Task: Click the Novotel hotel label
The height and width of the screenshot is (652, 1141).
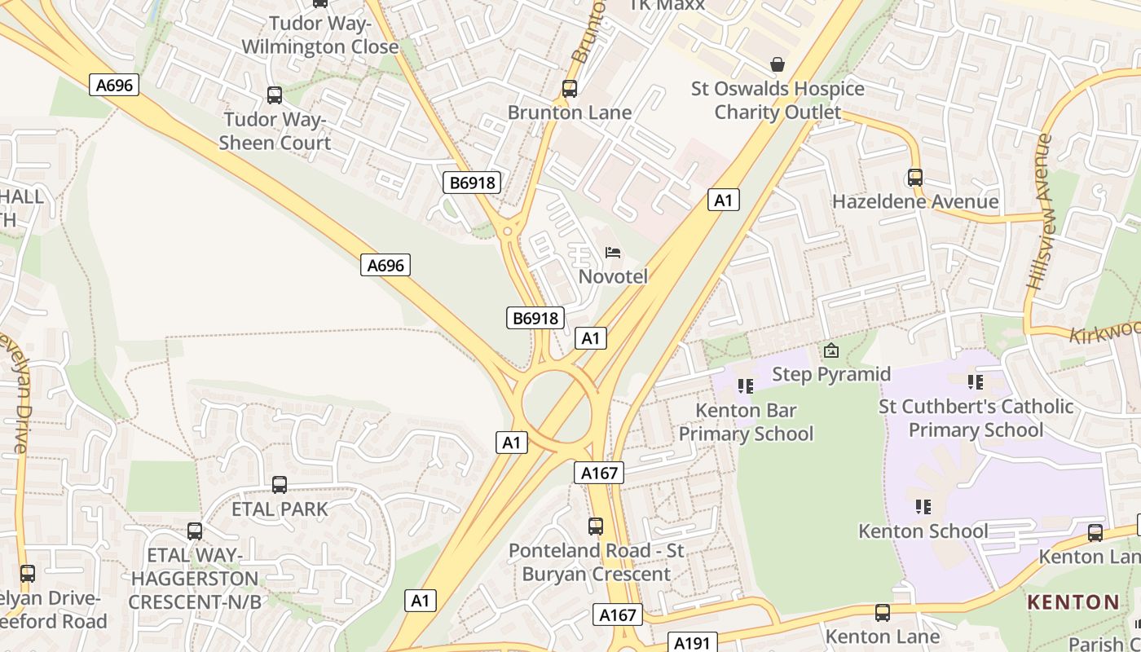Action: [613, 276]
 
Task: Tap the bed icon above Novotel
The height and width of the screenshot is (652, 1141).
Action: [613, 253]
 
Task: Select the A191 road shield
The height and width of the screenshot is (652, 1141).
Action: [692, 642]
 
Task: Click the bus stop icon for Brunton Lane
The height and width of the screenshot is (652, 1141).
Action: [570, 89]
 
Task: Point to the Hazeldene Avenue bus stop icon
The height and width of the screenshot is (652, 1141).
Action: [915, 178]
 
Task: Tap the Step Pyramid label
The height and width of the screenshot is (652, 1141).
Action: [831, 374]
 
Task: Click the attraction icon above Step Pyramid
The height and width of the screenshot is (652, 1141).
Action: [831, 351]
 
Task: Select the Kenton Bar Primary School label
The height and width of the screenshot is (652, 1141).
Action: [746, 421]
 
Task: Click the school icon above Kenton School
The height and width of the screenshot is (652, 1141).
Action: [923, 507]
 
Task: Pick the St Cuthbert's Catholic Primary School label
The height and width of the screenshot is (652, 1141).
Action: [976, 418]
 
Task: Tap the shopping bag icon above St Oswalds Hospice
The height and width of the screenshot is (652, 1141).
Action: [778, 64]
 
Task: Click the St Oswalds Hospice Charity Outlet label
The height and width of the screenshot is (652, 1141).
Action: [778, 99]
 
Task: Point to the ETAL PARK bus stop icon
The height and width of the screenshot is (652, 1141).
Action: [280, 485]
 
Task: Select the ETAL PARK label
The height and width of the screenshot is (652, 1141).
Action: [280, 509]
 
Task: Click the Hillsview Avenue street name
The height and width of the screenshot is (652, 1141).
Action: [1040, 211]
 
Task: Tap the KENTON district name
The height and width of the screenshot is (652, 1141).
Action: [1073, 602]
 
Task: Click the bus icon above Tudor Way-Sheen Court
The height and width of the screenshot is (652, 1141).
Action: [275, 95]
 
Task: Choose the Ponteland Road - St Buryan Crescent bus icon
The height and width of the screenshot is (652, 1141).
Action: [596, 526]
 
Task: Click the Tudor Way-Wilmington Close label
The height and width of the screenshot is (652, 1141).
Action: [320, 35]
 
